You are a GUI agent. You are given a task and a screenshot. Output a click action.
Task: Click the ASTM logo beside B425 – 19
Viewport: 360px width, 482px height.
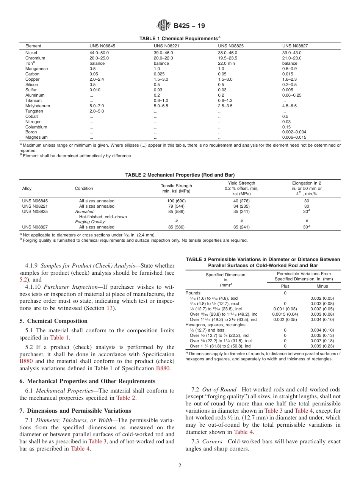point(164,26)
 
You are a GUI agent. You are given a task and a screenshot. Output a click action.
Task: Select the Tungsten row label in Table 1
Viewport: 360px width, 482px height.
point(34,111)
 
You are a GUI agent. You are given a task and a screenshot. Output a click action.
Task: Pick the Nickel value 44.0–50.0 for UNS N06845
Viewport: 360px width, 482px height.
point(99,53)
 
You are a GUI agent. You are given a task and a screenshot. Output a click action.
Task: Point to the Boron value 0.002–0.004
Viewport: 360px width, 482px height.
point(294,132)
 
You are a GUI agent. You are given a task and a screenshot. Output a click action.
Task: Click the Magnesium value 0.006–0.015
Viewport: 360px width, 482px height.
point(294,137)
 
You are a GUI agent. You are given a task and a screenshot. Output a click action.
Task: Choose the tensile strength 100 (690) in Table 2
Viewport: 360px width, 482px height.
point(177,201)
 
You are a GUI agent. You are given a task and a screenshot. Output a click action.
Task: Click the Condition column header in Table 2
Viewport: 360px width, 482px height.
point(84,188)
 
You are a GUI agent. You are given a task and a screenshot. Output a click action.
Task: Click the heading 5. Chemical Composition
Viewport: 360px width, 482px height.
point(53,321)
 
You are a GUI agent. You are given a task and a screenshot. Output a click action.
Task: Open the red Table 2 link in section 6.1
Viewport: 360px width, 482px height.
point(125,397)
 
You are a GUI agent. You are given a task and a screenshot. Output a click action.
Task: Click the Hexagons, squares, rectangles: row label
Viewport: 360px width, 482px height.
point(216,325)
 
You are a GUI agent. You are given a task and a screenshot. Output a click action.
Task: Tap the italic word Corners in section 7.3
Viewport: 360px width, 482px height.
point(211,442)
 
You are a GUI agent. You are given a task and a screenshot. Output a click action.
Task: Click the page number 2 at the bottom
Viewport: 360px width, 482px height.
point(180,466)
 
